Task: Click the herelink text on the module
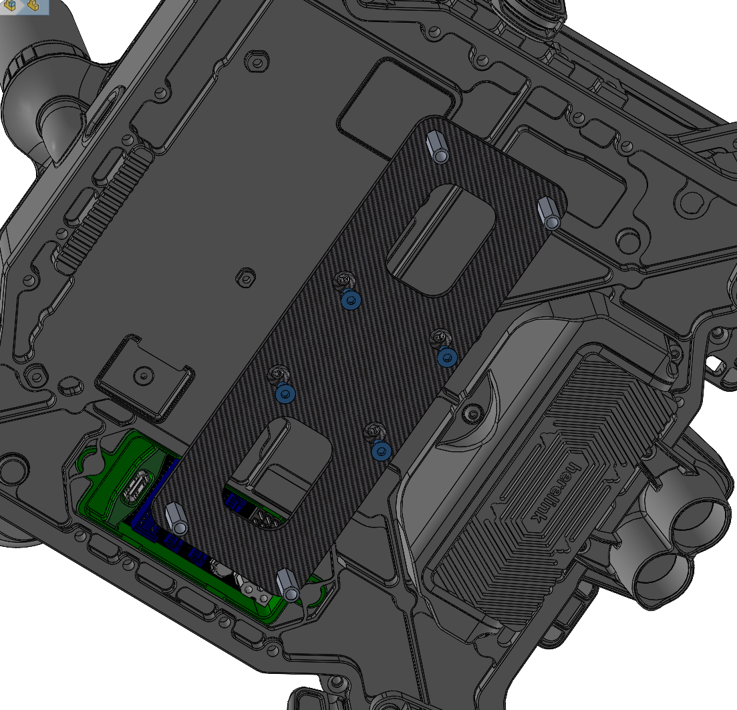click(555, 491)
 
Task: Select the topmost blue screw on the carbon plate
click(351, 300)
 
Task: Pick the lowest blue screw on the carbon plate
click(381, 451)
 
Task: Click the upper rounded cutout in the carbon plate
click(441, 240)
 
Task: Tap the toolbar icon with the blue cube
click(11, 5)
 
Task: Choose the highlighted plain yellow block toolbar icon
click(33, 5)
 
